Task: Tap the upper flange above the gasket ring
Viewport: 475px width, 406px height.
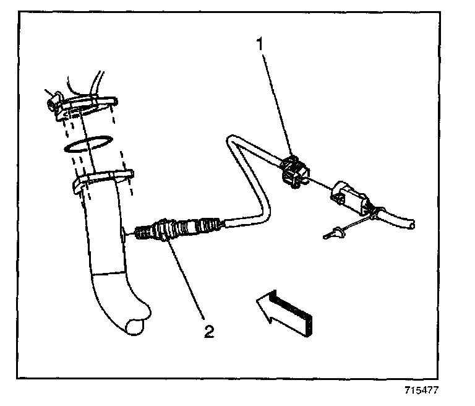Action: click(x=87, y=102)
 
